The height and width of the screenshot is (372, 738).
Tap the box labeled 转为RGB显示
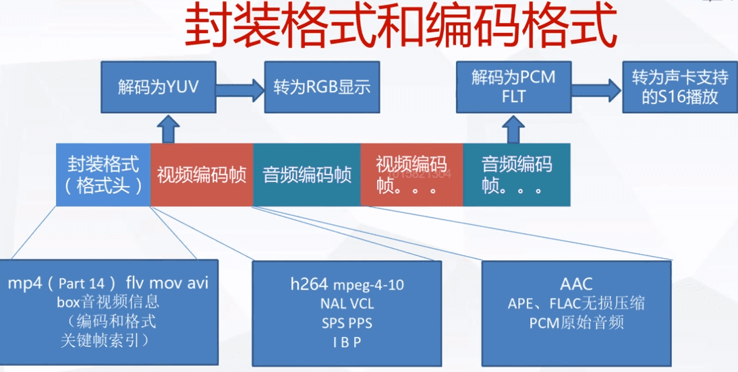tap(322, 88)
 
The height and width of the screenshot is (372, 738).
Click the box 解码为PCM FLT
tap(513, 87)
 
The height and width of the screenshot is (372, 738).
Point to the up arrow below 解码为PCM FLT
tap(513, 128)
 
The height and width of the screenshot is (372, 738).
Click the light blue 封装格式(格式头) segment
tap(103, 175)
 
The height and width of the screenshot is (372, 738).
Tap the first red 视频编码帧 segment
tap(202, 175)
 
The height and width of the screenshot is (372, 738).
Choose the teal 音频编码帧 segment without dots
tap(307, 175)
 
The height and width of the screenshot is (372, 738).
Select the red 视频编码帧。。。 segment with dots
tap(411, 175)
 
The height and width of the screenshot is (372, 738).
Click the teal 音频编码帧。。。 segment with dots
tap(517, 175)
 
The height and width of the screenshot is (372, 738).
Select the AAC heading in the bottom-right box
tap(576, 282)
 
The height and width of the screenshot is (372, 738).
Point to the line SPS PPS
tap(347, 323)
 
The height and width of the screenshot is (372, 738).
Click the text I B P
tap(347, 342)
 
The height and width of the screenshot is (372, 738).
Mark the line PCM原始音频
tap(576, 323)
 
